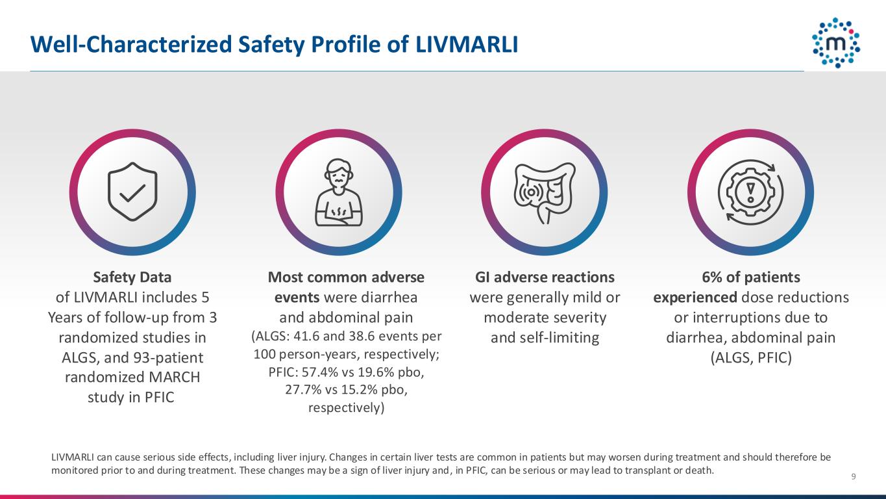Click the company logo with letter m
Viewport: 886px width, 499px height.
tap(836, 43)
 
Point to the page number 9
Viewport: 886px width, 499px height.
tap(853, 478)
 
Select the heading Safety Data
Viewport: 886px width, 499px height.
tap(132, 277)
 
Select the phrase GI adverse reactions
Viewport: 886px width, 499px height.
tap(545, 277)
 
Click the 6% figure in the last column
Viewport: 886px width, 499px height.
tap(711, 277)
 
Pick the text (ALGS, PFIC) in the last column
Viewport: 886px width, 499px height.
tap(750, 358)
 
